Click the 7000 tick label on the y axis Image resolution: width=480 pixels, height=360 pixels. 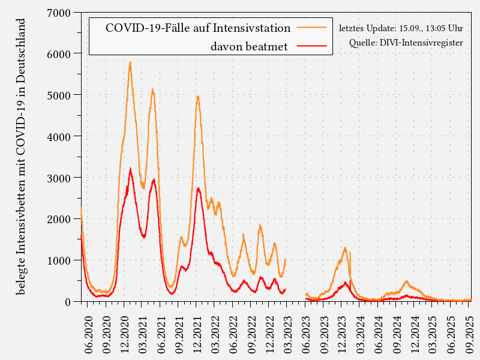coord(60,13)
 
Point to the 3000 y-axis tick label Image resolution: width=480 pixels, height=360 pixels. coord(60,178)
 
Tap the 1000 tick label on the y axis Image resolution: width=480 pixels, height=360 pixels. coord(60,260)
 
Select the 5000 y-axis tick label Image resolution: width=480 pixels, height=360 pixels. coord(60,95)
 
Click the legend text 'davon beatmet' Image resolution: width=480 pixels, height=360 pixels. coord(249,46)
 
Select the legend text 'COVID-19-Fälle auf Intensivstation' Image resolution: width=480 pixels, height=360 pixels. coord(198,28)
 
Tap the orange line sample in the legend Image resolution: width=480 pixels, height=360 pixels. coord(312,28)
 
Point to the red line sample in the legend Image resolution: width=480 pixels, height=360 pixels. coord(312,46)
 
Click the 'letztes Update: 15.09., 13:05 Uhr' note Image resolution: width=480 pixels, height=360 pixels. coord(401,28)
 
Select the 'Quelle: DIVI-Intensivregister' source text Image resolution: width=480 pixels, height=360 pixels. coord(406,43)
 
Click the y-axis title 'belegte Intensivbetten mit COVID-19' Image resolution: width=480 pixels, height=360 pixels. coord(21,156)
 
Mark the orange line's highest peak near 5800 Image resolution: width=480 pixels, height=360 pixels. coord(130,62)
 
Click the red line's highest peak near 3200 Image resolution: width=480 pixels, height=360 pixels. coord(130,170)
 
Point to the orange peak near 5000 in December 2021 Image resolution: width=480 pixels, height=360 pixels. coord(197,96)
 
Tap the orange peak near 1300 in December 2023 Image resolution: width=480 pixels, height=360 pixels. coord(345,247)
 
